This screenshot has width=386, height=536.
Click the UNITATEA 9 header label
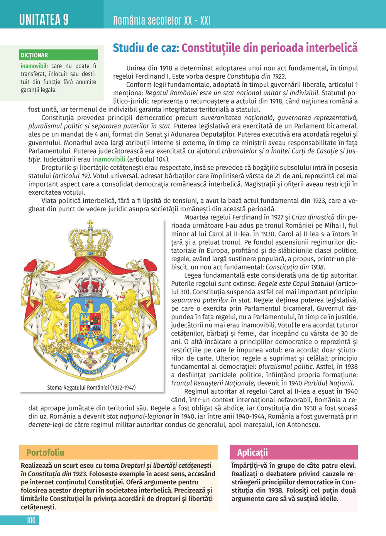pyautogui.click(x=44, y=19)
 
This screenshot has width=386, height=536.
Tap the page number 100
pyautogui.click(x=31, y=520)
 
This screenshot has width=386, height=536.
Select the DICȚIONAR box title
pyautogui.click(x=34, y=55)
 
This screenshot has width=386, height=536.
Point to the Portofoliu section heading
pyautogui.click(x=45, y=452)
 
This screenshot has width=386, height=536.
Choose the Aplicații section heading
pyautogui.click(x=252, y=452)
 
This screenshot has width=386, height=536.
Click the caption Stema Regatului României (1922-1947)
pyautogui.click(x=91, y=387)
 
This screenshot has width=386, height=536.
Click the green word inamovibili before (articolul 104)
pyautogui.click(x=108, y=159)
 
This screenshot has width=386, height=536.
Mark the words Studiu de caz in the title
pyautogui.click(x=146, y=48)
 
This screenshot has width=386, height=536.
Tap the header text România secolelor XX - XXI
pyautogui.click(x=161, y=20)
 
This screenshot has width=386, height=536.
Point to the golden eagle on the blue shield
pyautogui.click(x=90, y=316)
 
